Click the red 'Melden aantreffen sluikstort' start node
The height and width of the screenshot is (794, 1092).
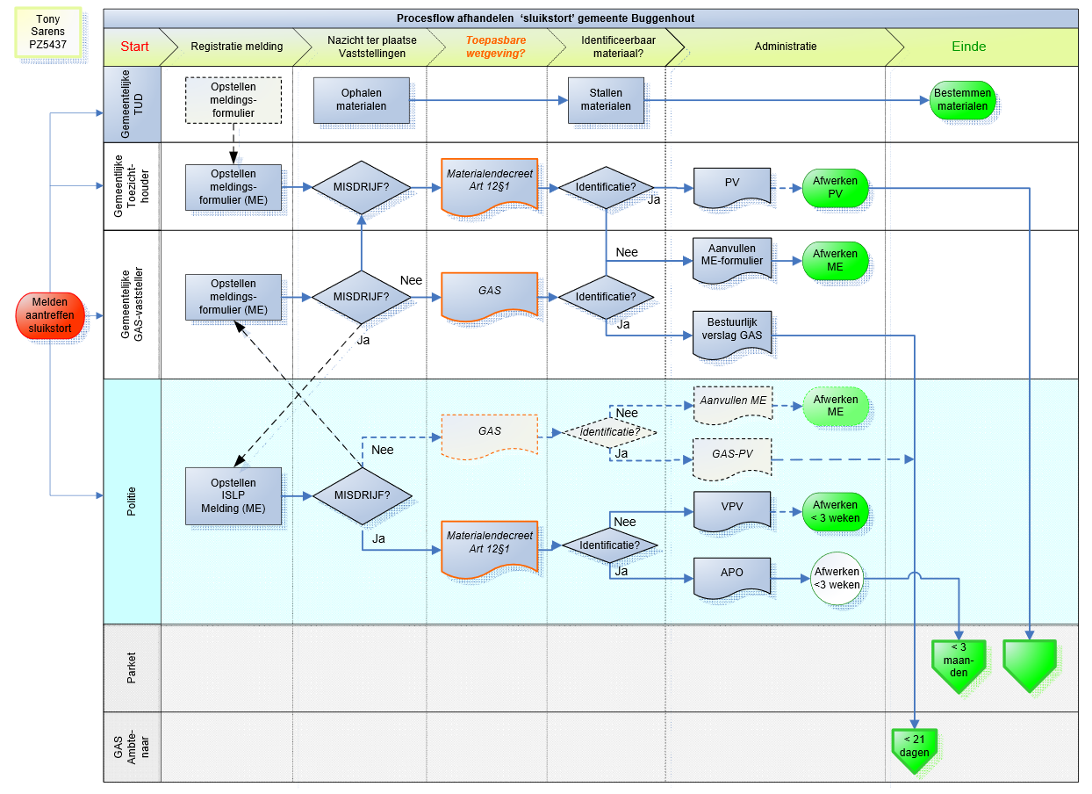pos(51,314)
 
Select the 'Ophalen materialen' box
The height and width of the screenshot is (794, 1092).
pos(361,100)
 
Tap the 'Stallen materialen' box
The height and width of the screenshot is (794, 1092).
pos(605,100)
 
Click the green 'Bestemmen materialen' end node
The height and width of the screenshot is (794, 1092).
pos(962,100)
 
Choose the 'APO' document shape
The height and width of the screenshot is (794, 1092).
pos(732,575)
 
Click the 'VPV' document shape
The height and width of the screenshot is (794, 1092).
pos(732,509)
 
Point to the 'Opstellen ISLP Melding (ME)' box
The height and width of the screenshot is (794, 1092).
pos(233,496)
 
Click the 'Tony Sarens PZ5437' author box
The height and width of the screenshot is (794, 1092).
pos(47,32)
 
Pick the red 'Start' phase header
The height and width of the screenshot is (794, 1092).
pos(134,47)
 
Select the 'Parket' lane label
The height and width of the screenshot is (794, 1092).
pos(132,668)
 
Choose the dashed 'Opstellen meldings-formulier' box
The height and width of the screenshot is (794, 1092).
pos(233,100)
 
